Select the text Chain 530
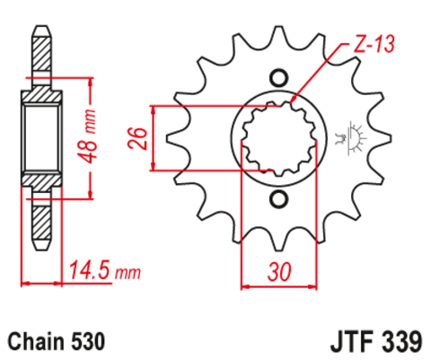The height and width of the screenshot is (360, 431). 57,341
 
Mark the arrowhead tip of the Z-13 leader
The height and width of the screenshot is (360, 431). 294,99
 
